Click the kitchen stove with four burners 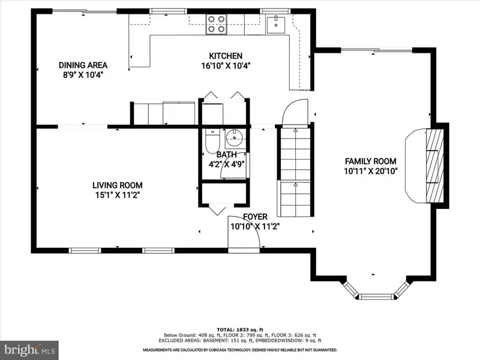[x=216, y=25]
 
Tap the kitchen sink [x=276, y=25]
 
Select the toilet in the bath [x=212, y=141]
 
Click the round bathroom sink [x=235, y=139]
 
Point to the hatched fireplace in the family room [x=434, y=166]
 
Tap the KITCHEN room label [x=226, y=56]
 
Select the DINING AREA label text [x=83, y=65]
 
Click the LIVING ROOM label [x=117, y=185]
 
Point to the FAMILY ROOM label [x=370, y=161]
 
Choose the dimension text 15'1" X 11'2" [x=117, y=195]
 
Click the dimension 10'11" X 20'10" [x=370, y=171]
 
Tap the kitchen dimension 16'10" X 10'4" [x=226, y=66]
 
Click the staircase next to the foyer [x=295, y=172]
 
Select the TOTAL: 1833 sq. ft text [x=240, y=329]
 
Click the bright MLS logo [x=29, y=350]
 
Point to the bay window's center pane [x=376, y=296]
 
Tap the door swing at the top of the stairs [x=295, y=112]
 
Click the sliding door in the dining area [x=85, y=11]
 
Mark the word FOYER [x=255, y=217]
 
